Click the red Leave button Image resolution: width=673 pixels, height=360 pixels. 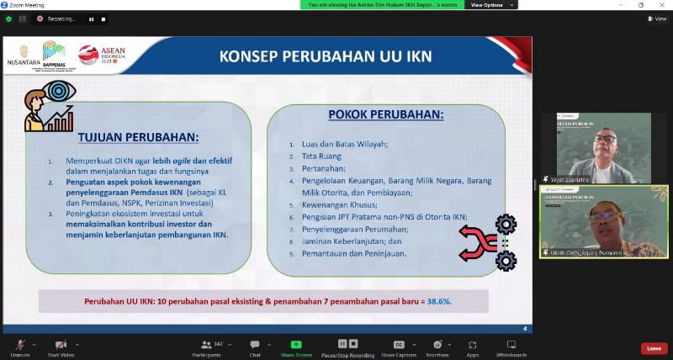(653, 348)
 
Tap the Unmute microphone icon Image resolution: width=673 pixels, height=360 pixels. (16, 345)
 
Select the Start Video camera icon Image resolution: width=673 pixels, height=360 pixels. (61, 345)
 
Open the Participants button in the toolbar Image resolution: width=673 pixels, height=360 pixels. (206, 345)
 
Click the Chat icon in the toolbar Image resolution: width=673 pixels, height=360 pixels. (255, 345)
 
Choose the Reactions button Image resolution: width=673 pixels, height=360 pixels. (437, 345)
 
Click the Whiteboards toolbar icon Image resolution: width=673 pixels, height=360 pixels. (511, 345)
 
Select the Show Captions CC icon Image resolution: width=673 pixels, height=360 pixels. (399, 345)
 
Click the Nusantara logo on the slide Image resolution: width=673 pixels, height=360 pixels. (23, 55)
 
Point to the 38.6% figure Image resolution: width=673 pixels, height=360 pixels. (437, 301)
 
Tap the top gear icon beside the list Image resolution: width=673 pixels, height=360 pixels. (506, 224)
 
